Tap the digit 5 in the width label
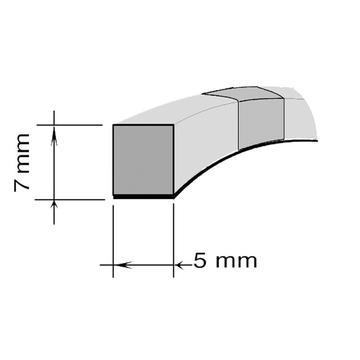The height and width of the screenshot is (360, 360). pyautogui.click(x=200, y=261)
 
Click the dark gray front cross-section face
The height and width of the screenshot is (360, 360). pyautogui.click(x=143, y=159)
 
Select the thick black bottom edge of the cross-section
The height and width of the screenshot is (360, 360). pyautogui.click(x=143, y=197)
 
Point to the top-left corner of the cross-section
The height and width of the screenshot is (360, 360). pyautogui.click(x=114, y=125)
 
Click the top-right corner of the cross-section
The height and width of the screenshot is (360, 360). pyautogui.click(x=173, y=125)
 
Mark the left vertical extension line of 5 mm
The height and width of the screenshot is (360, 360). pyautogui.click(x=114, y=240)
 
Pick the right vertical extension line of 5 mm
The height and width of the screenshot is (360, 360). pyautogui.click(x=174, y=240)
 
